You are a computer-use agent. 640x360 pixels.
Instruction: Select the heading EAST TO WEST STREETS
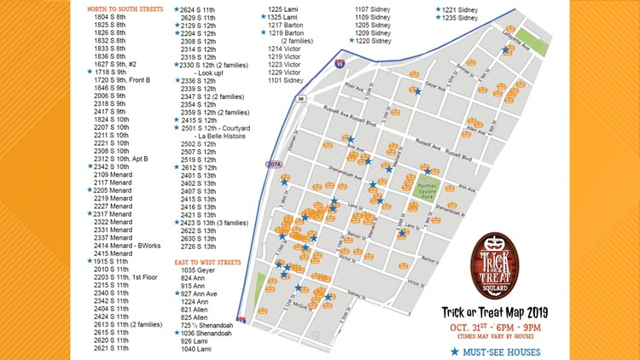207,262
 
